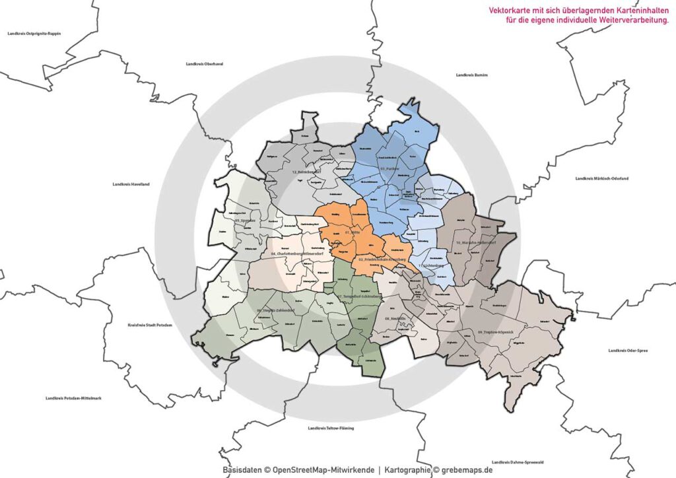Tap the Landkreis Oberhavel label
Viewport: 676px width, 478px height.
[204, 64]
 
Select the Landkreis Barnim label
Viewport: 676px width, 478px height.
[472, 75]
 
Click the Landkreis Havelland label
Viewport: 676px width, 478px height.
[131, 184]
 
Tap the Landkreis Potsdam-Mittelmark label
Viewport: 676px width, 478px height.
[73, 398]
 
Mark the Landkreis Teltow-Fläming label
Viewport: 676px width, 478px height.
[331, 428]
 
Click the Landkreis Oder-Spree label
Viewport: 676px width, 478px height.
[628, 351]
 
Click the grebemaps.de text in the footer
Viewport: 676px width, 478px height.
[467, 470]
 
